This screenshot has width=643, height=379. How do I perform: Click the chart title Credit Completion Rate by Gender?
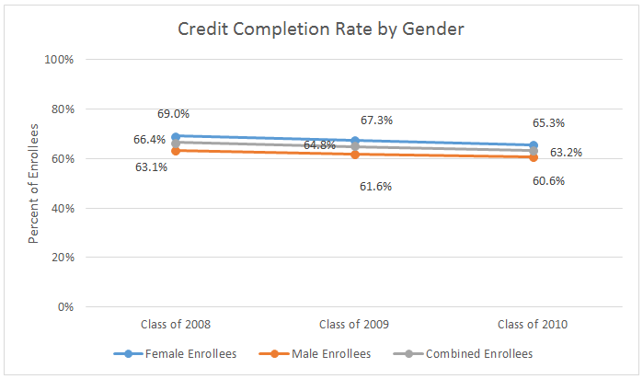pos(321,29)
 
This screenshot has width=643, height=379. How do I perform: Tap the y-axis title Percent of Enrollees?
pos(33,184)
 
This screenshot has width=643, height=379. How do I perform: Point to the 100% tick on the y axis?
pos(59,60)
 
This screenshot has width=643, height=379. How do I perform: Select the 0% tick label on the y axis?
pos(64,306)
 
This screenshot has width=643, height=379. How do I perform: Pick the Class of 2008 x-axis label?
pos(176,325)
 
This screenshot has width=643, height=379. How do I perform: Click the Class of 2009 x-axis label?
pos(354,325)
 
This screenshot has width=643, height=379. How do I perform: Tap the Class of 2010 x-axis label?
pos(533,325)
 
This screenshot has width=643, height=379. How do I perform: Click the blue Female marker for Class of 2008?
pos(176,136)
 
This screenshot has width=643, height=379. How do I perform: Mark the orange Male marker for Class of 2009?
pos(354,155)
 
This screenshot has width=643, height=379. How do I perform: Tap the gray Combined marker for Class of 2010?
pos(533,150)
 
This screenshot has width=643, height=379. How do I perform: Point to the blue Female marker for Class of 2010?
pos(533,145)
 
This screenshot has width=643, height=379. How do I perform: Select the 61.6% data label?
pos(375,187)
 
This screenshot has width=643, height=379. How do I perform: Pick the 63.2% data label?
pos(566,152)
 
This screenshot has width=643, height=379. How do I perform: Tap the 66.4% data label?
pos(149,140)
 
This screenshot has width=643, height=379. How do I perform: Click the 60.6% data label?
pos(548,181)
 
